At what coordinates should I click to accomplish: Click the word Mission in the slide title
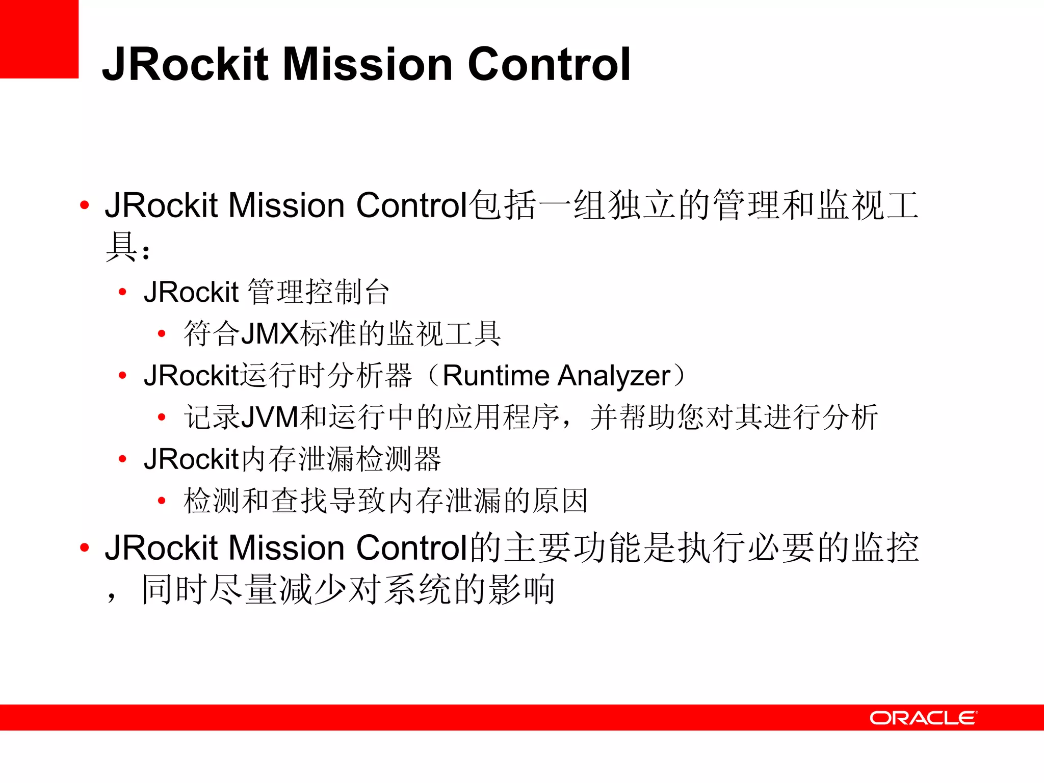(367, 64)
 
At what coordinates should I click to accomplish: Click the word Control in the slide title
(549, 64)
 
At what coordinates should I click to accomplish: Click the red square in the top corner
(39, 39)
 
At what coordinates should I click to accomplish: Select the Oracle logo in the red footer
(923, 718)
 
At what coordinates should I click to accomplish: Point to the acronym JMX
(270, 334)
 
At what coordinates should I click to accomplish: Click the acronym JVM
(269, 417)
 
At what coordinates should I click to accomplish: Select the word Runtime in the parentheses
(495, 376)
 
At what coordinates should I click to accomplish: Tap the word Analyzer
(613, 376)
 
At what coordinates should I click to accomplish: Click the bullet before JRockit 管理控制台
(122, 292)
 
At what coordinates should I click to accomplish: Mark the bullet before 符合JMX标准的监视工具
(162, 334)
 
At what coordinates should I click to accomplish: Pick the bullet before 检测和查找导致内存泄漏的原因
(162, 501)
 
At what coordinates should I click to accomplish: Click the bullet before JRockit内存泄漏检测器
(122, 459)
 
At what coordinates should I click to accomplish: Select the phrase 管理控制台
(319, 292)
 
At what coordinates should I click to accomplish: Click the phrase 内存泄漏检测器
(341, 459)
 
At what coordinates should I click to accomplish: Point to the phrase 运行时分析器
(326, 376)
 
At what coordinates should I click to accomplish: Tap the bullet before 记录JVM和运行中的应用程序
(162, 417)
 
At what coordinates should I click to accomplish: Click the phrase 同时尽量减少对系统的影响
(348, 589)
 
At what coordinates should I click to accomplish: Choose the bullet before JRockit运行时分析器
(122, 376)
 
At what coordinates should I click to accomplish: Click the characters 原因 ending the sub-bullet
(560, 501)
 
